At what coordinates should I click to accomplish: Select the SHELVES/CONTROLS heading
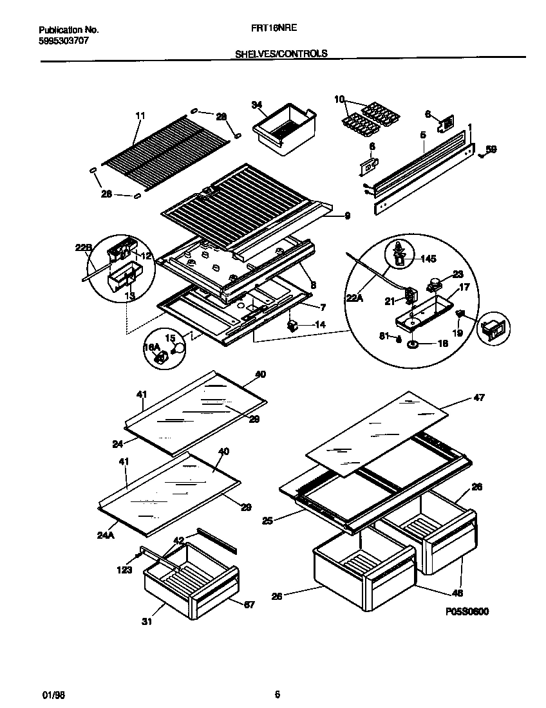click(281, 54)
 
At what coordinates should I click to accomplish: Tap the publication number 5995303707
click(63, 40)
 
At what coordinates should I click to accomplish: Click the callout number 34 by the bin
click(257, 104)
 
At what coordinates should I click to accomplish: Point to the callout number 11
click(140, 116)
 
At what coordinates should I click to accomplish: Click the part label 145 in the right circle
click(428, 259)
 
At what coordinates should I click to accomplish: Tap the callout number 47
click(479, 397)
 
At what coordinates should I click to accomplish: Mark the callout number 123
click(125, 570)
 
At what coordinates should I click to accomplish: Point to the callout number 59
click(491, 149)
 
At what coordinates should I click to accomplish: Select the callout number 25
click(267, 520)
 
